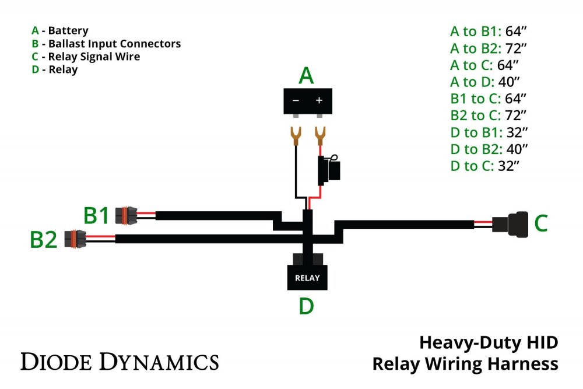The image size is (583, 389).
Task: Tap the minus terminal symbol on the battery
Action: point(296,100)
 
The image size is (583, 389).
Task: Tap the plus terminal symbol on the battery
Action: point(319,100)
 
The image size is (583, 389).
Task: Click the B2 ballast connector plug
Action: point(76,238)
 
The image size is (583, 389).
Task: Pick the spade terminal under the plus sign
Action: point(319,135)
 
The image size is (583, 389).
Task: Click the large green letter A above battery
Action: point(307,76)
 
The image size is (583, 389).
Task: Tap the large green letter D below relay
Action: point(307,306)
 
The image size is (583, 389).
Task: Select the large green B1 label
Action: point(97,216)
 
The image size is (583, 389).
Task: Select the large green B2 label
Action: point(44,239)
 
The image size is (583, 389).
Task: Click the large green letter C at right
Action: point(541,223)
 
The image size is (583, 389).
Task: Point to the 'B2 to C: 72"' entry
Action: point(489,115)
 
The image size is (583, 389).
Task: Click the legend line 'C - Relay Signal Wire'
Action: point(86,57)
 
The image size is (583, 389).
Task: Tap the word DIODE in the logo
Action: point(55,362)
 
